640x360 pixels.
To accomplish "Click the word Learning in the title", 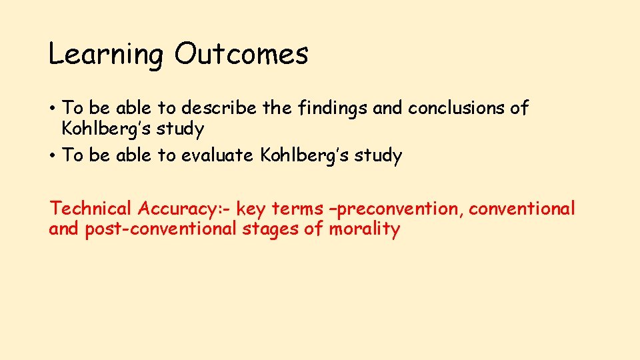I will tap(105, 55).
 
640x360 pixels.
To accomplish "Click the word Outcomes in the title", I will tap(241, 53).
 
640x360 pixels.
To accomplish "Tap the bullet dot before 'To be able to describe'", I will tap(52, 108).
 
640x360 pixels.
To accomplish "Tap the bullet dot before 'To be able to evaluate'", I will tap(52, 156).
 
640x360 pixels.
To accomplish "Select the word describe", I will tap(217, 107).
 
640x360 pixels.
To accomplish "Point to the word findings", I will tap(331, 108).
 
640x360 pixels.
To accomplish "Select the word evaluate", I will tap(217, 156).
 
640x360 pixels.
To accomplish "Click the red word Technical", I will tap(91, 209).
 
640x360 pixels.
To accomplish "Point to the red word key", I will tap(251, 209).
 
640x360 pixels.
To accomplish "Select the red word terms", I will tap(298, 209).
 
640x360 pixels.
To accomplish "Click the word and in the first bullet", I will tap(388, 107).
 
